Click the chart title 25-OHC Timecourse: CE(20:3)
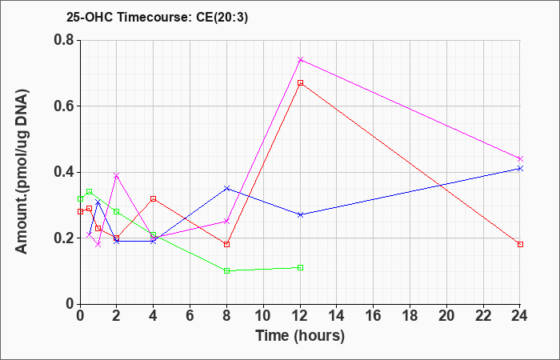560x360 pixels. (x=157, y=17)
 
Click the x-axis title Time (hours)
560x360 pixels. (x=300, y=336)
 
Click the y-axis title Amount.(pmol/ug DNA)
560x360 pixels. (x=22, y=172)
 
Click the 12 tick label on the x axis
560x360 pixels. (x=300, y=315)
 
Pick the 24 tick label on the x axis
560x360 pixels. (x=520, y=315)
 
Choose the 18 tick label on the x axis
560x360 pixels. (x=410, y=315)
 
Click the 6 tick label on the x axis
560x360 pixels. (x=190, y=315)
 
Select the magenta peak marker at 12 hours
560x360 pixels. (x=300, y=60)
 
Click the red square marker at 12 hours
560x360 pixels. (x=300, y=83)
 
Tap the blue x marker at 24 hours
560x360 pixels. (x=520, y=169)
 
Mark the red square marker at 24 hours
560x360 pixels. (x=520, y=244)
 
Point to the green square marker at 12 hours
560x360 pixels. (x=300, y=267)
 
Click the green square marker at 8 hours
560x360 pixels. (x=226, y=270)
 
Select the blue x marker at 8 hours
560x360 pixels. (x=226, y=188)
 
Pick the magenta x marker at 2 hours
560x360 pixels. (x=117, y=175)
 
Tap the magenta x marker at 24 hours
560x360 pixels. (x=520, y=158)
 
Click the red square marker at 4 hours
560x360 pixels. (x=154, y=198)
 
